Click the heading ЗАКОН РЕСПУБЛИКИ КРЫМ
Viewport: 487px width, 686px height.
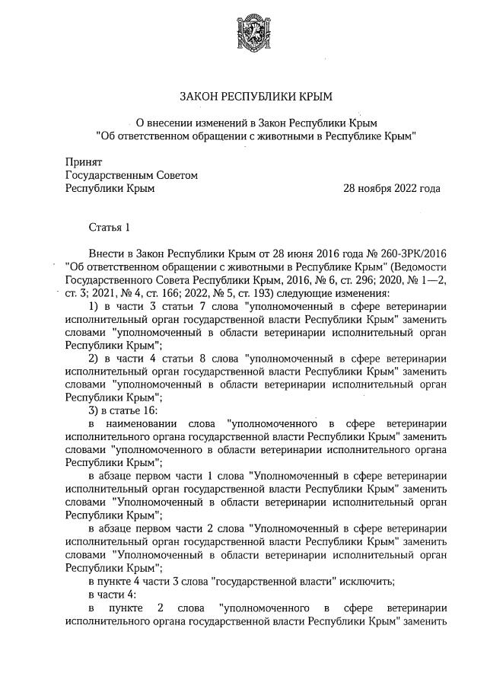(x=256, y=97)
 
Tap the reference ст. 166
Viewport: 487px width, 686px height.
(x=170, y=294)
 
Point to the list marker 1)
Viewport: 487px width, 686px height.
(x=95, y=307)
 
